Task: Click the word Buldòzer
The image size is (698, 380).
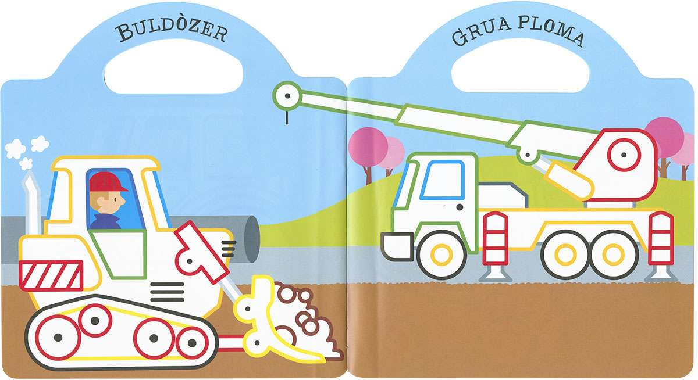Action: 172,31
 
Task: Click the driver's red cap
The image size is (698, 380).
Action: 108,182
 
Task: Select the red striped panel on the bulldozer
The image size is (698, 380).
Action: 51,275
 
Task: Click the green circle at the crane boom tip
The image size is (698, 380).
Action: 287,96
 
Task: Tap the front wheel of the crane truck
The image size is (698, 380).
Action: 441,254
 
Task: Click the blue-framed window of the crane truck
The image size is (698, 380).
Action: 443,180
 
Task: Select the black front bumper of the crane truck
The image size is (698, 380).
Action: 397,246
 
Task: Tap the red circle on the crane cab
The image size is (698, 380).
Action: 624,155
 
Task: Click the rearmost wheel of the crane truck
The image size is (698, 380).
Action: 613,254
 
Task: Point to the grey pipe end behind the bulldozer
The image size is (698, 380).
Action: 251,239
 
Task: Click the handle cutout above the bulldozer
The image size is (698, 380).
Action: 173,66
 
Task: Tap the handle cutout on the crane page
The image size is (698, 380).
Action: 521,65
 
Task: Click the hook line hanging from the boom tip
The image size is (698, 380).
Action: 287,117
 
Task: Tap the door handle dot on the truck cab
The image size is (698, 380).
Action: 460,207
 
